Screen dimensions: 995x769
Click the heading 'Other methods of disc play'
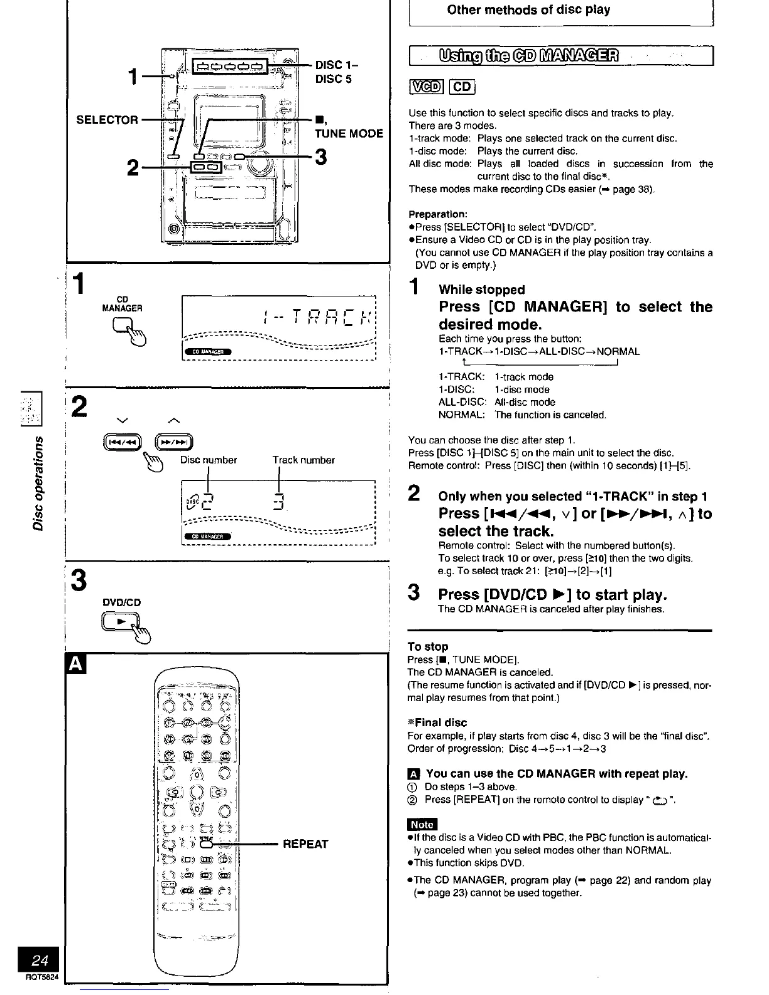528,10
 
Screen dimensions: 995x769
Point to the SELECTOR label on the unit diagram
107,119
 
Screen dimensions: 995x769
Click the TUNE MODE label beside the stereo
349,133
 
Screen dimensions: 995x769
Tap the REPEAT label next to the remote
305,844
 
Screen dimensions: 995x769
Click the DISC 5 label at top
333,79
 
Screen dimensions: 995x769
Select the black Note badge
422,824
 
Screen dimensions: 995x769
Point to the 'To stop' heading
428,646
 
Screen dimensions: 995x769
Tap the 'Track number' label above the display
303,460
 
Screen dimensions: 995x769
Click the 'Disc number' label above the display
209,460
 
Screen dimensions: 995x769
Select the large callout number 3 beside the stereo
320,157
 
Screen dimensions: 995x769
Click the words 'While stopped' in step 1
481,290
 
